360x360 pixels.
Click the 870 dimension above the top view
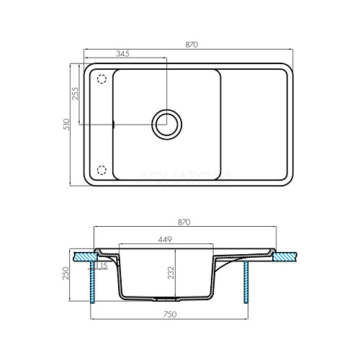(x=192, y=45)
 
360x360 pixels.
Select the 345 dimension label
(x=122, y=53)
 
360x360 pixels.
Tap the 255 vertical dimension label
(x=75, y=94)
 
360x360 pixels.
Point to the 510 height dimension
(x=66, y=125)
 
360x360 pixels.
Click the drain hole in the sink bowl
(x=166, y=125)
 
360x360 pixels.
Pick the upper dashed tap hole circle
(x=102, y=78)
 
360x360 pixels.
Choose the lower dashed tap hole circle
(x=102, y=170)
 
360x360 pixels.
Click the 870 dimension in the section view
(x=184, y=222)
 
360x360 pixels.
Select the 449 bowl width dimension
(x=165, y=239)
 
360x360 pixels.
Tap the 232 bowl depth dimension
(x=171, y=272)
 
